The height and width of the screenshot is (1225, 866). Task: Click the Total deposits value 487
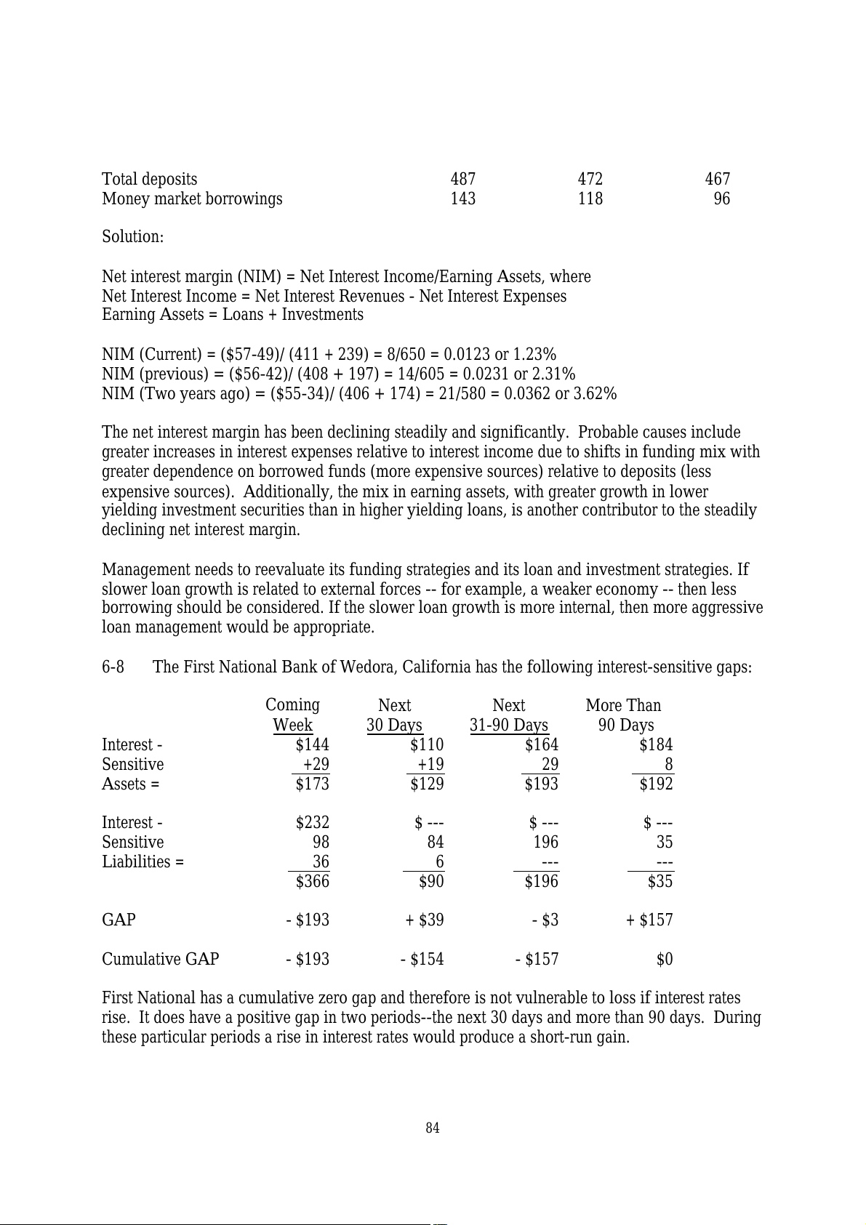point(462,180)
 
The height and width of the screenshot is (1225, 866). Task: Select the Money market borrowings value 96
point(721,199)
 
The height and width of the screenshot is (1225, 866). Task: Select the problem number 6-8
point(113,667)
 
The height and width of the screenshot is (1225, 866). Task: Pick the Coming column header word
point(292,705)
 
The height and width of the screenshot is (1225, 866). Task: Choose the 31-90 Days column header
point(508,726)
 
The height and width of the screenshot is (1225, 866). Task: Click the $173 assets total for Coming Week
point(312,784)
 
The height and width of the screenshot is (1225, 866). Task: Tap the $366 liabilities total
point(312,882)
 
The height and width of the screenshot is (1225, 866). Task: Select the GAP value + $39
point(425,920)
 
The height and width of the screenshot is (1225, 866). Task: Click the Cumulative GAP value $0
point(664,960)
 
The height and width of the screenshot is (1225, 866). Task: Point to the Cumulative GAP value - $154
point(422,960)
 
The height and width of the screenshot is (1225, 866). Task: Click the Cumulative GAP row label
point(160,960)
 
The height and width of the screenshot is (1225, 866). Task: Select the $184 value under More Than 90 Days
point(656,745)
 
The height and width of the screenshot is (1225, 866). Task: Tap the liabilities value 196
point(545,843)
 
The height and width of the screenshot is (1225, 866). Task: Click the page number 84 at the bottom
point(433,1128)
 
